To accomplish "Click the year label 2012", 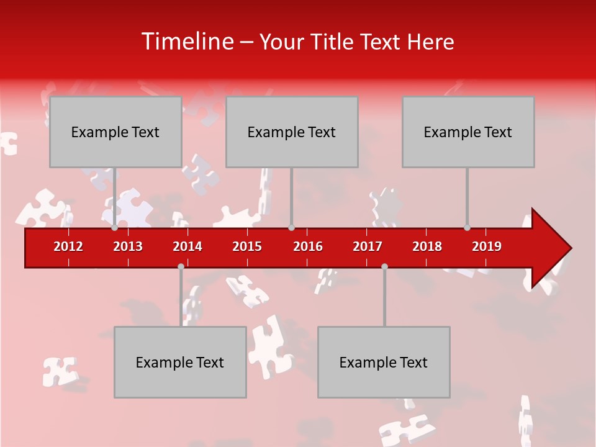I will click(68, 246).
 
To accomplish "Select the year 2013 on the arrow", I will click(128, 246).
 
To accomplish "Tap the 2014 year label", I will click(187, 246).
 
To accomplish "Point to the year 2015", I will click(247, 246).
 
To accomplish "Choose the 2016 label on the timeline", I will click(308, 246).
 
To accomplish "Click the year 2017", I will click(368, 246).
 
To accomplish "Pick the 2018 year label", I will click(427, 246).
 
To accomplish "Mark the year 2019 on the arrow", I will click(487, 246).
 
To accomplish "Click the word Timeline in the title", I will click(186, 42).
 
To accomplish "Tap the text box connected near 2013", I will click(115, 132).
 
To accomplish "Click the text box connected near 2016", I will click(292, 132).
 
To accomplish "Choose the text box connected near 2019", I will click(468, 132).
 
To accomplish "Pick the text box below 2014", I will click(180, 362).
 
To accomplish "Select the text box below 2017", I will click(384, 362).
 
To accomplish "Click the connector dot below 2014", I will click(181, 266).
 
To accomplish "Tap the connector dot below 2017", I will click(384, 266).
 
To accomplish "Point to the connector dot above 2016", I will click(291, 228).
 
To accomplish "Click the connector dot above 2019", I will click(467, 228).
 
